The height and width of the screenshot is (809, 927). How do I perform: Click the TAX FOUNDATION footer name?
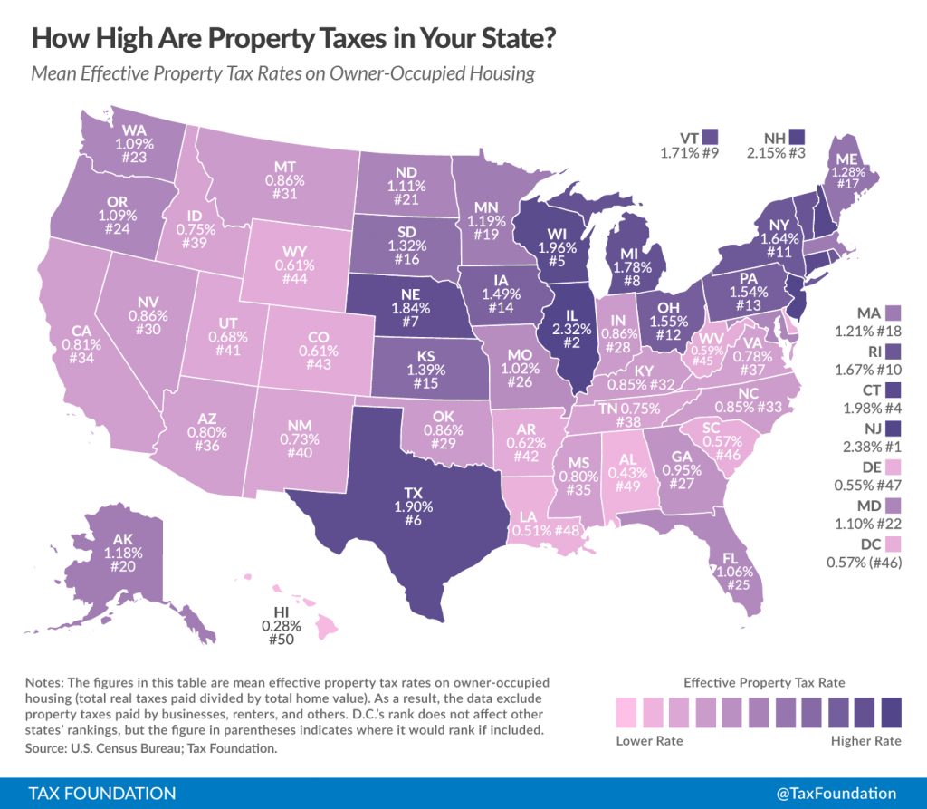tap(102, 793)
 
